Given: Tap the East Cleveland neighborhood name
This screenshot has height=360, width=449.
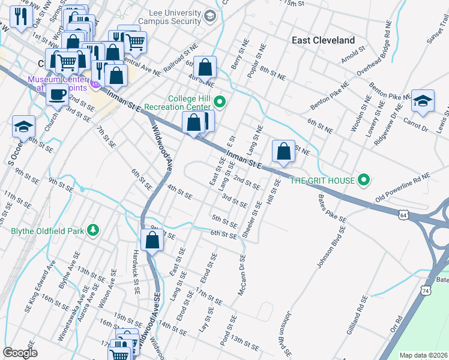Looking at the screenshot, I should coord(323,40).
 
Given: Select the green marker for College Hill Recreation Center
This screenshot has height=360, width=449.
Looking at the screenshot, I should coord(220,103).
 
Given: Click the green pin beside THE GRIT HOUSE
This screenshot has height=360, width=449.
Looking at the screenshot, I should coord(363,179).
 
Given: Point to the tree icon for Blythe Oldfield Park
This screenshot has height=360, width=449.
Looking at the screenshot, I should coord(92,230).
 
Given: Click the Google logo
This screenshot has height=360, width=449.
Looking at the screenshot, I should coord(20,353).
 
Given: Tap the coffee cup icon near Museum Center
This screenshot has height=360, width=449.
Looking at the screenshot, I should coord(58,94).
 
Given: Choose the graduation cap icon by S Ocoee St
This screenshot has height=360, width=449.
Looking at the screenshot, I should coord(23,126).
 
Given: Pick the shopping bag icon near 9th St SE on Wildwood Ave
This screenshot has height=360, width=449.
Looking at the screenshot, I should coord(152,240).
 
